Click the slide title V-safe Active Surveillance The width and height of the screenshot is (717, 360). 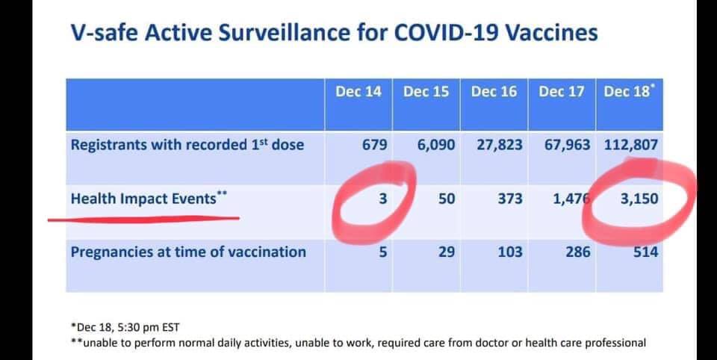(334, 33)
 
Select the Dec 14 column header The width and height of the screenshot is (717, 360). (358, 91)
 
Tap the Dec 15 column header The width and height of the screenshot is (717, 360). (426, 91)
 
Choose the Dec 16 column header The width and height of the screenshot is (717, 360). (494, 91)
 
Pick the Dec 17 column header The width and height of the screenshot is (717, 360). (562, 91)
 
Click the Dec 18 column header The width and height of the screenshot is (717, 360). (628, 91)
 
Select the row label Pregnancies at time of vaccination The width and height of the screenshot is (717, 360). (188, 252)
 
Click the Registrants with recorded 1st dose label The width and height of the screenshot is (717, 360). (187, 144)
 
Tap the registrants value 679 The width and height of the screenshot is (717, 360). (374, 145)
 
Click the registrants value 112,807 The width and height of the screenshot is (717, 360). (631, 145)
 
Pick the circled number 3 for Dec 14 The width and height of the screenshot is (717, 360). (382, 199)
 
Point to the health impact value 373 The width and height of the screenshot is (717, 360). (510, 199)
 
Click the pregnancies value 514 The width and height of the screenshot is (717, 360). (645, 252)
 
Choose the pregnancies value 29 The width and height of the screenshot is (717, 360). (447, 252)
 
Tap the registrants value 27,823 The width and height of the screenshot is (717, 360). (500, 145)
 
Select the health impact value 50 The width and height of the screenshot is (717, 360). (447, 199)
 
